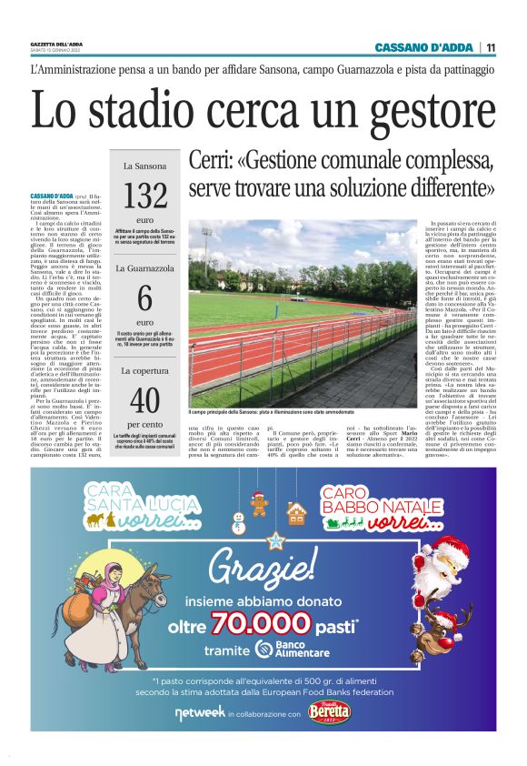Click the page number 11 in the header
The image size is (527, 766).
pos(491,47)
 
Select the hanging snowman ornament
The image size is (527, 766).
pos(240,521)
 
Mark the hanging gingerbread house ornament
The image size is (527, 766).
pos(296,512)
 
